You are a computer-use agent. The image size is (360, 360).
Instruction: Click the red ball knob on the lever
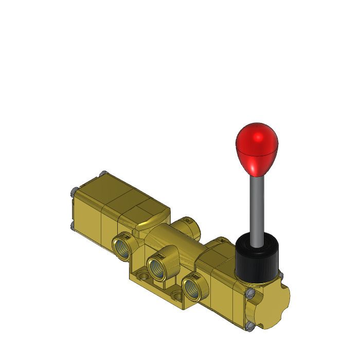[x=256, y=147]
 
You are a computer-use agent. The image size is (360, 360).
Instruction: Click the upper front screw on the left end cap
[x=72, y=193]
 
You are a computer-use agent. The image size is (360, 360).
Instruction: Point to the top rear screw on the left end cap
[x=103, y=172]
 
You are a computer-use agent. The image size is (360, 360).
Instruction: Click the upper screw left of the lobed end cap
[x=249, y=294]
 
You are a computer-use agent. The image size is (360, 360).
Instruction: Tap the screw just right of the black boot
[x=281, y=275]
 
